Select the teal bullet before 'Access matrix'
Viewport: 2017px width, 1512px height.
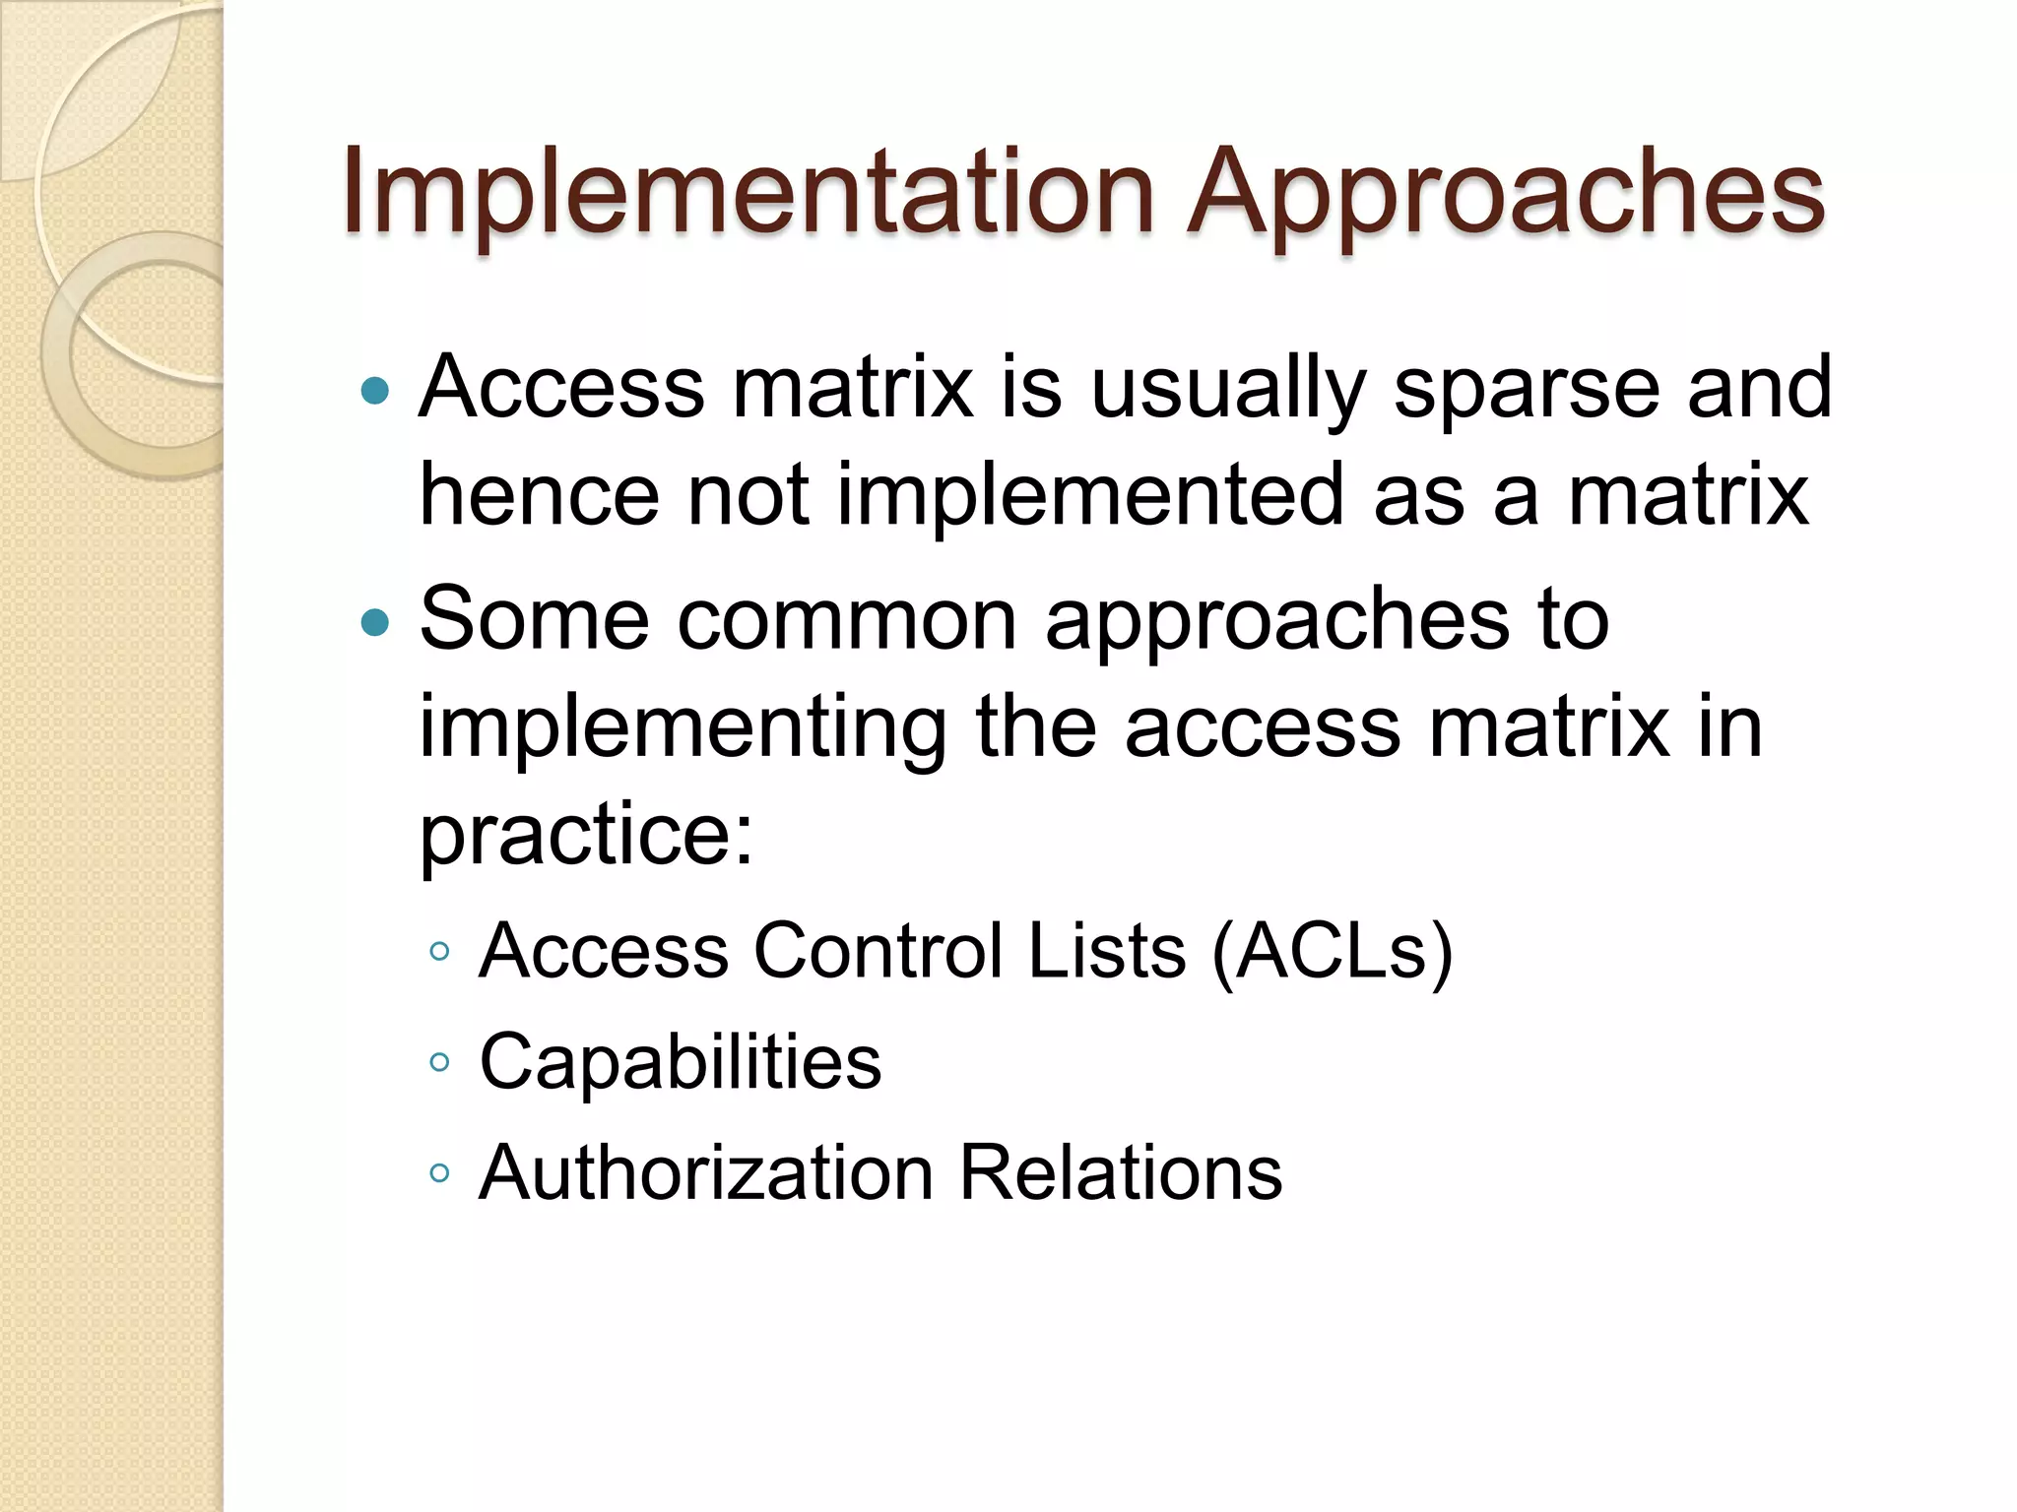[375, 392]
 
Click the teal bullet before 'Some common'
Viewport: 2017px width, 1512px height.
[375, 622]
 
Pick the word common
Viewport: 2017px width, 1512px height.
[847, 620]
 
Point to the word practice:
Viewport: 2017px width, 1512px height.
[587, 835]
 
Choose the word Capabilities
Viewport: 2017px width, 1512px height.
[681, 1062]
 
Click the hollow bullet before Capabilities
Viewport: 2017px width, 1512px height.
[439, 1063]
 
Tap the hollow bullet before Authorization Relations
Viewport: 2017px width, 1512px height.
[439, 1173]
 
